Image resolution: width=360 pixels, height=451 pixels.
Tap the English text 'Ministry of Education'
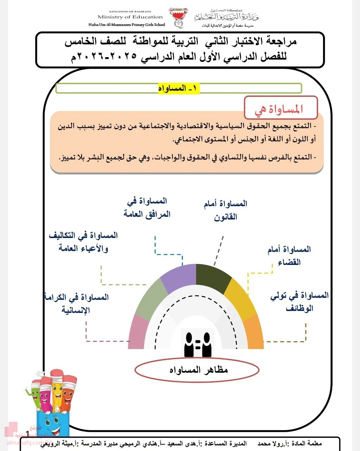(130, 17)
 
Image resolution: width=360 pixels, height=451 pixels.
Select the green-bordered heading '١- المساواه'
(179, 88)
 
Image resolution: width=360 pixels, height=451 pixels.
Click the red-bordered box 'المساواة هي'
(281, 108)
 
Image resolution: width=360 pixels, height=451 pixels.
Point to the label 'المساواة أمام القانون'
(225, 210)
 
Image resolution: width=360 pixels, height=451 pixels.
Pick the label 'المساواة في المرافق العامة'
(147, 208)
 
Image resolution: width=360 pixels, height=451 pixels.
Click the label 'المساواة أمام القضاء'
(289, 256)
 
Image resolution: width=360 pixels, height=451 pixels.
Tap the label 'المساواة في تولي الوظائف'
(299, 302)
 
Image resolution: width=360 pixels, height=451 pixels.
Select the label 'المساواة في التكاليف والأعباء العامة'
(83, 242)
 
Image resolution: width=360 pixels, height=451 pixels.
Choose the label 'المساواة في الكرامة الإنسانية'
(76, 303)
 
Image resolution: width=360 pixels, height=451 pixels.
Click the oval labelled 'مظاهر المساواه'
(197, 370)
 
